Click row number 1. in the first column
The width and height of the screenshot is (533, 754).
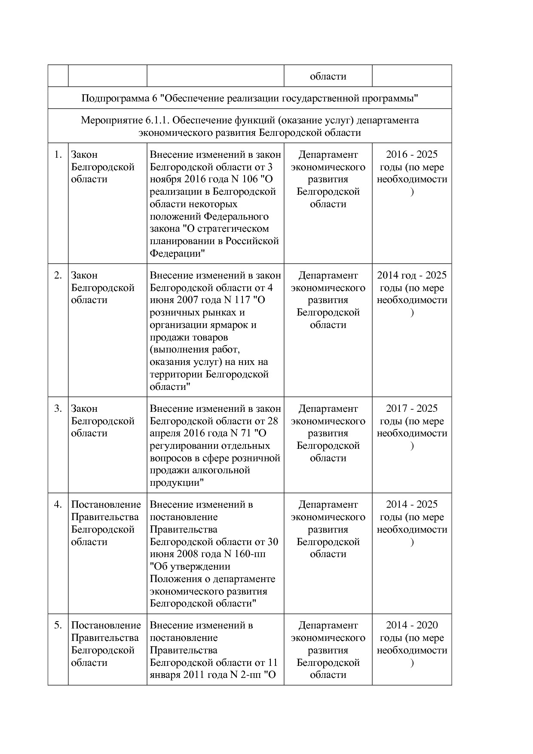(58, 155)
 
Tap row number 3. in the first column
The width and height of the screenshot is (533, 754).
(58, 409)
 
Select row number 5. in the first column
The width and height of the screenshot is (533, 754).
(58, 625)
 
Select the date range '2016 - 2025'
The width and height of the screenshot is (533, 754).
(412, 155)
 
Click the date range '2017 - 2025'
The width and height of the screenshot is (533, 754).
(412, 409)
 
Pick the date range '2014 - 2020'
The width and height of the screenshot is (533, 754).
(412, 625)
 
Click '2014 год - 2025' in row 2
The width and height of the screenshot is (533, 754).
(412, 276)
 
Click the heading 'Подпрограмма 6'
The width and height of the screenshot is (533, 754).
(119, 99)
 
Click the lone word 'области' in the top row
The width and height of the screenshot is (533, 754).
(328, 77)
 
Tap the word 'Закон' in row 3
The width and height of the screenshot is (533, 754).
(84, 409)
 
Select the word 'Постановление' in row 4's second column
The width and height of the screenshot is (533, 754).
(106, 505)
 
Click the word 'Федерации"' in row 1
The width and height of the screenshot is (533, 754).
(177, 254)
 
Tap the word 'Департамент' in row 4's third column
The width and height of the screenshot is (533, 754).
(328, 505)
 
